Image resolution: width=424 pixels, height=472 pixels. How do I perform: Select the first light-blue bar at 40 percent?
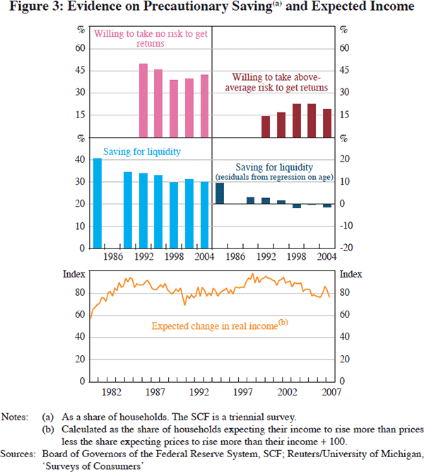[x=98, y=203]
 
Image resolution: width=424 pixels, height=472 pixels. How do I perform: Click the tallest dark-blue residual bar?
[x=219, y=193]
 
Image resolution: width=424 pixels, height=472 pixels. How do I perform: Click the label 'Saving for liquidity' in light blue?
[x=142, y=151]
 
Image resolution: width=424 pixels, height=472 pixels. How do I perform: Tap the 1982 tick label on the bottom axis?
[x=109, y=391]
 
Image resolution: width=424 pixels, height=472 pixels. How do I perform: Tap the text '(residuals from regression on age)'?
[x=275, y=176]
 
